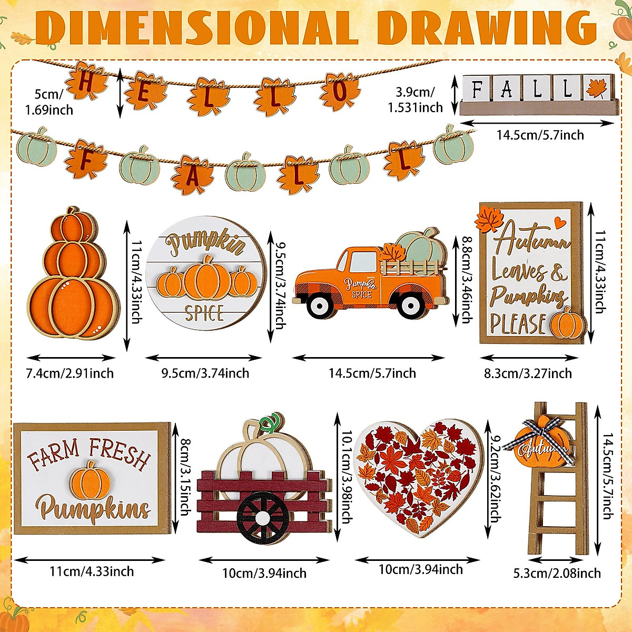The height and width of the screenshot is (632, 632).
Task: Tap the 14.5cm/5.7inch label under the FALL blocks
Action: [540, 135]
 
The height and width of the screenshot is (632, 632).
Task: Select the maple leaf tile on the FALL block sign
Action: [597, 88]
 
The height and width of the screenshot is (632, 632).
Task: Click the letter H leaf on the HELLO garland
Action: [85, 81]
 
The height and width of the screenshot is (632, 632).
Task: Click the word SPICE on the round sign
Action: [204, 313]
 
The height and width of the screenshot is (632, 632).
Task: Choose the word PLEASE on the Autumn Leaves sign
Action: [518, 323]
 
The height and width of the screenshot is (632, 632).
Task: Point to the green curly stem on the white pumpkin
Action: [270, 421]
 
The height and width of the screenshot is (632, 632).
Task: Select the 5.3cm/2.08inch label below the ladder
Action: [557, 573]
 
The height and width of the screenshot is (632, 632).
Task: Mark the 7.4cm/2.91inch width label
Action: [70, 373]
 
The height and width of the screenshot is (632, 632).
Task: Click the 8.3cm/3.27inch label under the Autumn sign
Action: [528, 373]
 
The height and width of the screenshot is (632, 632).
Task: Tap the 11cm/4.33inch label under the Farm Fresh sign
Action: [92, 571]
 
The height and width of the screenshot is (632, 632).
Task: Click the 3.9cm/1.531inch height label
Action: [416, 100]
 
